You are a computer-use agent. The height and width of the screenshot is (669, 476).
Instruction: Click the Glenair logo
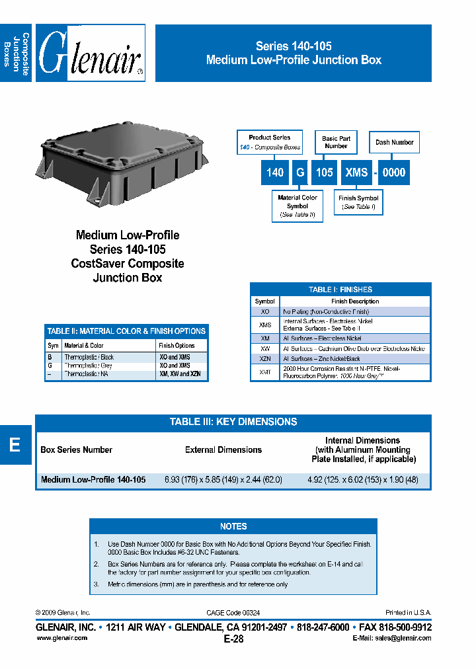91,54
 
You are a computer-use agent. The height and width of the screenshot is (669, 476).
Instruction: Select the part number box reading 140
275,173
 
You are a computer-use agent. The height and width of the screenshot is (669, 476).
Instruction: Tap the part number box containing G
300,173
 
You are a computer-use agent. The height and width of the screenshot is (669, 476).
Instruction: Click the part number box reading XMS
356,173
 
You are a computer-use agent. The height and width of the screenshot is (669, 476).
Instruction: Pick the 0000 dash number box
394,173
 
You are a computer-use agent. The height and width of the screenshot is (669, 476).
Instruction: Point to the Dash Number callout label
394,142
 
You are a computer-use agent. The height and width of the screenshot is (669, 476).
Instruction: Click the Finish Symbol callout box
358,202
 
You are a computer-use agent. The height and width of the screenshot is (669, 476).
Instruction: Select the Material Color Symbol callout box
297,206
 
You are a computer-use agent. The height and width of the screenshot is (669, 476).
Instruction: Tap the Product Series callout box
270,142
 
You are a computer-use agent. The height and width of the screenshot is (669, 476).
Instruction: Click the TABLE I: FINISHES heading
340,290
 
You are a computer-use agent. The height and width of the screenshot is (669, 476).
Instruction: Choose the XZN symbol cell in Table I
265,358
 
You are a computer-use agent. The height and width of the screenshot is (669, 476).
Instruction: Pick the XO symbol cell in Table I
265,311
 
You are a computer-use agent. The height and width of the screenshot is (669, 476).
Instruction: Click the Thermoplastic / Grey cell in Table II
89,366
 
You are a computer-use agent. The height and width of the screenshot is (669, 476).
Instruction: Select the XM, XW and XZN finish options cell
180,374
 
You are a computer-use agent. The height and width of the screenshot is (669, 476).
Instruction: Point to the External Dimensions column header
223,450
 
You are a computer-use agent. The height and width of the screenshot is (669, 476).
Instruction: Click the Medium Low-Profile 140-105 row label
93,480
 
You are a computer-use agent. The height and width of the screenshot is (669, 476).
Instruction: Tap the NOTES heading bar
233,526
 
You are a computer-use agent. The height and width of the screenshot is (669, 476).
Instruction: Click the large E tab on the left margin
15,445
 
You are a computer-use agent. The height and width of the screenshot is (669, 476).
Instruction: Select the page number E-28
233,639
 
